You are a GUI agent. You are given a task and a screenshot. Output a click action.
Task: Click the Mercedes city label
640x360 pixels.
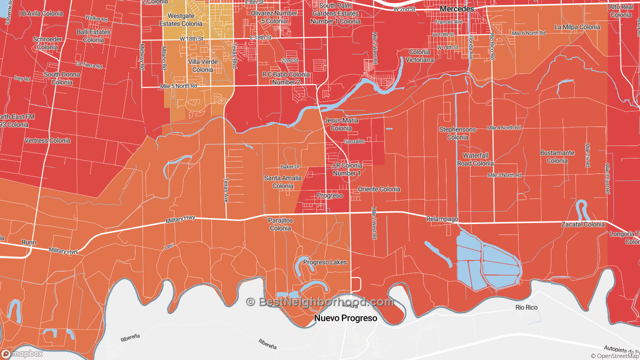(x=456, y=9)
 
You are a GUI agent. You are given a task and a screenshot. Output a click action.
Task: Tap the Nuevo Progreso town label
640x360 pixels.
(x=345, y=318)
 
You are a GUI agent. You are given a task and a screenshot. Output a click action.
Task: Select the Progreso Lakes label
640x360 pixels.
(x=324, y=262)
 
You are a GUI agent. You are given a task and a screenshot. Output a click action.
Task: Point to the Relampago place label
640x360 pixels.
(x=442, y=219)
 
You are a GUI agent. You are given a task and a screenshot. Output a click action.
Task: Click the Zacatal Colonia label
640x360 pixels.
(x=582, y=224)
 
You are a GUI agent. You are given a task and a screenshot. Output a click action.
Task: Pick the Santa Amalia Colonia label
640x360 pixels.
(x=283, y=182)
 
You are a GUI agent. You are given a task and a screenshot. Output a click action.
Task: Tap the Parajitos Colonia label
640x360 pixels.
(x=280, y=224)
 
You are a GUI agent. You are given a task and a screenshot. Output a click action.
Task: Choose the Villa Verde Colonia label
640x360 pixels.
(x=202, y=65)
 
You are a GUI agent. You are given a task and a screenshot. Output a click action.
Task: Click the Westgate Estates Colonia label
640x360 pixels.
(x=181, y=19)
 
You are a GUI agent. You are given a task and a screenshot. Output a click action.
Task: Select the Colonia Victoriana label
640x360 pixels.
(x=419, y=55)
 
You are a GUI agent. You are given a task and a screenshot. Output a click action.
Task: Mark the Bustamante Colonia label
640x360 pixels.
(x=557, y=156)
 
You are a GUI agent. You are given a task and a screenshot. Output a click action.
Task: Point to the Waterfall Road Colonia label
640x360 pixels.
(x=475, y=159)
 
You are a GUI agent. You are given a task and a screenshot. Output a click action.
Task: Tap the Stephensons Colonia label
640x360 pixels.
(x=457, y=133)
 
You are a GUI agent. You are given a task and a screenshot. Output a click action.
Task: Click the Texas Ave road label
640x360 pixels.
(x=225, y=190)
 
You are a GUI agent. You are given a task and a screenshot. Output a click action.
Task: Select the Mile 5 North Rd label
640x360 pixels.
(x=178, y=86)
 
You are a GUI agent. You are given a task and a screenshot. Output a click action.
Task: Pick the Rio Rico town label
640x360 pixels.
(x=526, y=307)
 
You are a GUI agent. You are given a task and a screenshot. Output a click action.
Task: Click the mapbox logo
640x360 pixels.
(x=22, y=353)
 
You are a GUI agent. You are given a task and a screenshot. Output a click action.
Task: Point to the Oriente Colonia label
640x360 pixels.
(x=379, y=189)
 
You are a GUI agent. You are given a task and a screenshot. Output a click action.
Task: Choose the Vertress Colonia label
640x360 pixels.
(x=47, y=140)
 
